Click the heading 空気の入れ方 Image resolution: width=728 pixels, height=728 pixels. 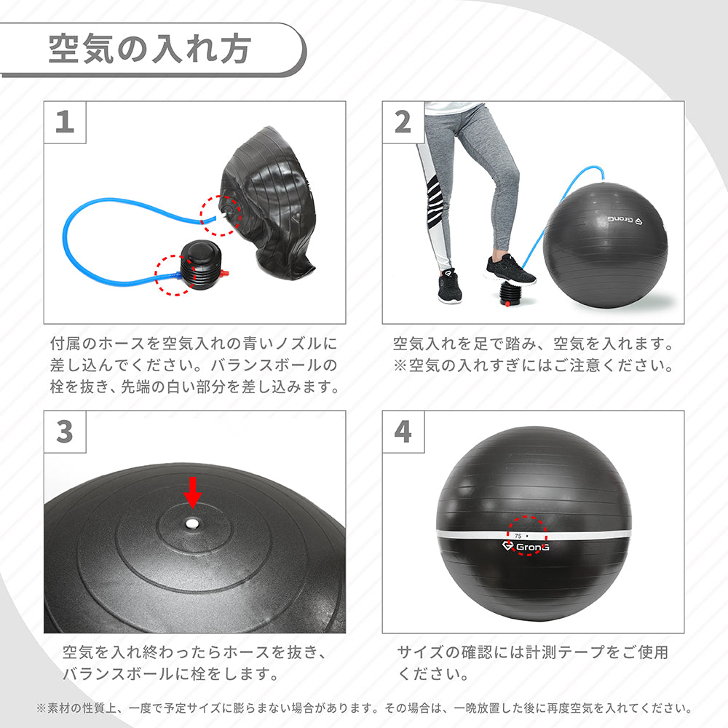coord(150,50)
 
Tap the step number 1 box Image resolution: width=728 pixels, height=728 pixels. coord(65,121)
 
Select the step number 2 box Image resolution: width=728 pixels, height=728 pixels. coord(403,121)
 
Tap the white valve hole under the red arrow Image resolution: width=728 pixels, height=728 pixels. coord(191,523)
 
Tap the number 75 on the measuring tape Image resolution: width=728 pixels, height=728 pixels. coord(518,534)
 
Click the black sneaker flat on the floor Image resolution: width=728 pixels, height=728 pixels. coord(450,287)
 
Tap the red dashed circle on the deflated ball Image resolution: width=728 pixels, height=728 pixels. coord(220,215)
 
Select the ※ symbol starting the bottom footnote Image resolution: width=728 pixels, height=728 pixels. coord(41,708)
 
